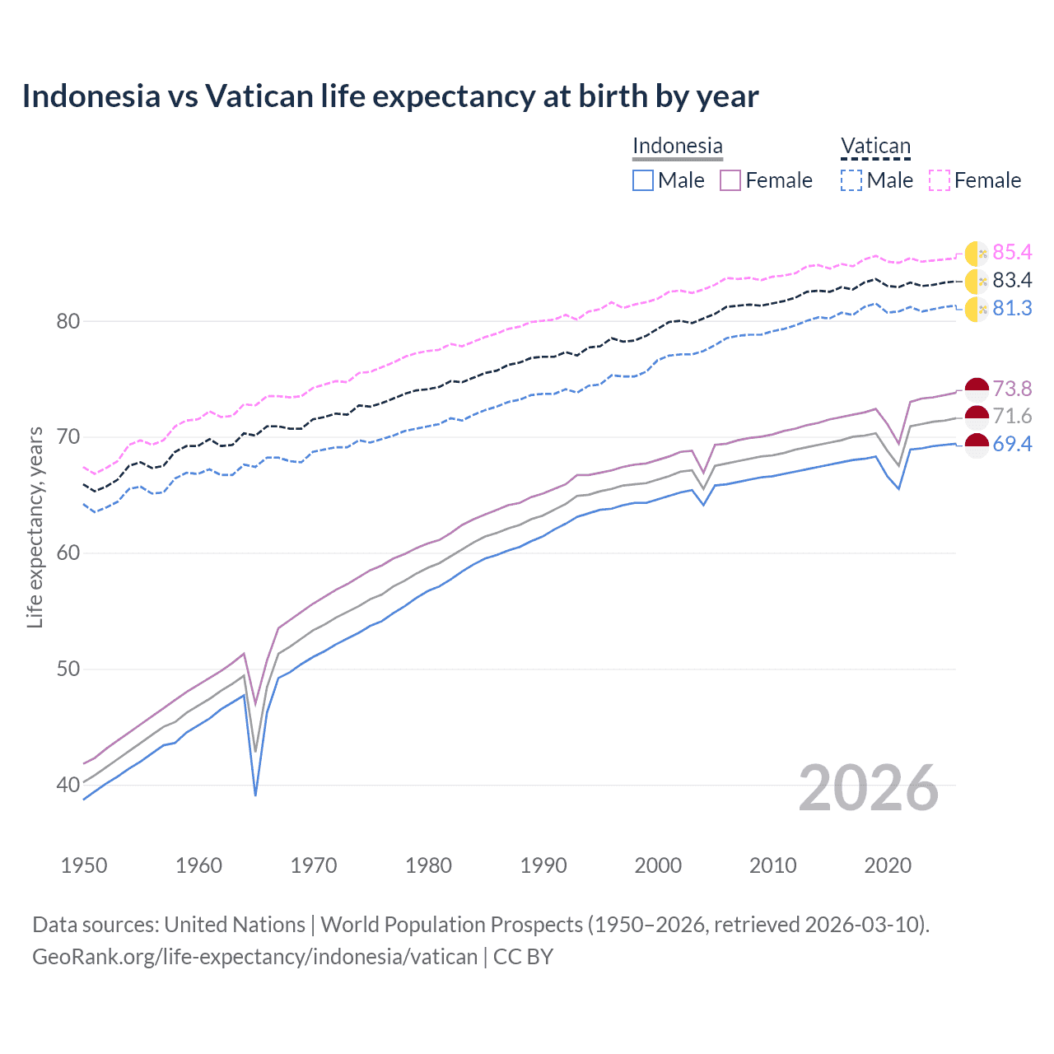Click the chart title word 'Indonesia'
pyautogui.click(x=91, y=96)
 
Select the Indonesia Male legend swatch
pyautogui.click(x=643, y=180)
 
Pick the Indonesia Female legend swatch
pyautogui.click(x=730, y=180)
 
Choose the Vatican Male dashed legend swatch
pyautogui.click(x=851, y=180)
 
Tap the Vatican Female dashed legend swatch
pyautogui.click(x=940, y=180)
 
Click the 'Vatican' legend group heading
pyautogui.click(x=875, y=147)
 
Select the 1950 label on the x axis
pyautogui.click(x=84, y=865)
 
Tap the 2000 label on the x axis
pyautogui.click(x=658, y=865)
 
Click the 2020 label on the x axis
pyautogui.click(x=888, y=865)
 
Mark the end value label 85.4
pyautogui.click(x=1012, y=252)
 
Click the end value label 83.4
pyautogui.click(x=1012, y=280)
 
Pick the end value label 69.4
pyautogui.click(x=1012, y=444)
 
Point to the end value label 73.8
pyautogui.click(x=1012, y=389)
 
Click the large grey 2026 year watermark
pyautogui.click(x=868, y=788)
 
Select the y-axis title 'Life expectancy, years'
pyautogui.click(x=35, y=527)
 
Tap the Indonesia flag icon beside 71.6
pyautogui.click(x=976, y=416)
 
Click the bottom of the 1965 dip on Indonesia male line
pyautogui.click(x=255, y=795)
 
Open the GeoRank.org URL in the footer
pyautogui.click(x=254, y=956)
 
